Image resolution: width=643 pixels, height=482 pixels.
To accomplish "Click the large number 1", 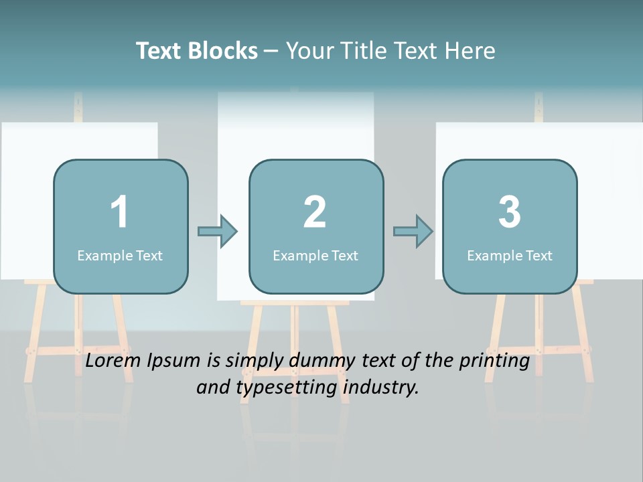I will pos(120,212).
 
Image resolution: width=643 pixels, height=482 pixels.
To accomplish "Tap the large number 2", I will pos(315,212).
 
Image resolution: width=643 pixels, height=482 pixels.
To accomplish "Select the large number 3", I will pos(510,212).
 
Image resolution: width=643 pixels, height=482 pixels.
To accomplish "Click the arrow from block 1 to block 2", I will pos(218,232).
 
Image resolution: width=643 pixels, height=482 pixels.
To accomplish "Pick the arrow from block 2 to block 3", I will pos(413,232).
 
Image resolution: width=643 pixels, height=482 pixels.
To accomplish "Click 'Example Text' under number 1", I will pos(120,256).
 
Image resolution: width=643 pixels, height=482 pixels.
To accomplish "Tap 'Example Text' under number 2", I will pos(315,256).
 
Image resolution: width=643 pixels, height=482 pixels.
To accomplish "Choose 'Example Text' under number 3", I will pos(510,256).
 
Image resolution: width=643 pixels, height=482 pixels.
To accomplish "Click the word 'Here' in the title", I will pos(472,51).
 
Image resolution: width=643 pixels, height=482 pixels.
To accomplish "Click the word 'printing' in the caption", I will pos(494,361).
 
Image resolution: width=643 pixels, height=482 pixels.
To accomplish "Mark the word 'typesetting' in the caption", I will pos(281,388).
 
